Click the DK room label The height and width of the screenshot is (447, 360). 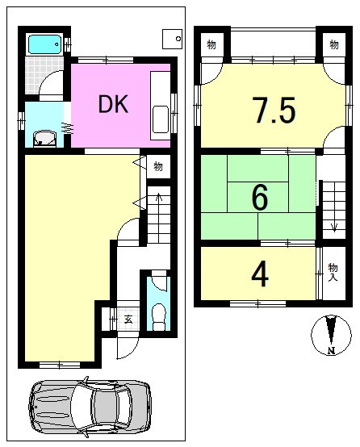coord(113,104)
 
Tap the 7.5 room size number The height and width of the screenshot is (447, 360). coord(274,110)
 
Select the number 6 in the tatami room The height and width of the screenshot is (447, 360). coord(260,197)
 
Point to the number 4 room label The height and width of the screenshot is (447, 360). coord(260,274)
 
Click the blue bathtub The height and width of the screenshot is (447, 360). coord(44,44)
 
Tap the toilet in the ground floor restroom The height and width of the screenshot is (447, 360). coord(159,317)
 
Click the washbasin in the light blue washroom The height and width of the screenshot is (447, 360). coord(44,139)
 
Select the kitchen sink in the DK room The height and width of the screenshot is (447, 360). coord(161,119)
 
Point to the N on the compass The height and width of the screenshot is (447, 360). coord(331,350)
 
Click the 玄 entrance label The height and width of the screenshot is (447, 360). coord(128,320)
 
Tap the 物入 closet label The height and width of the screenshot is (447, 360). coord(333,272)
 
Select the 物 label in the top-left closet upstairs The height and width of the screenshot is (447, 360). coord(211,44)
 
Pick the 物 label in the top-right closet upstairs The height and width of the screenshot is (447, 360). coord(334,44)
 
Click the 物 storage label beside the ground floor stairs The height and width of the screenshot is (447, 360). coord(158,166)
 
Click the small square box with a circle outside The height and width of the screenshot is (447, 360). coord(172,39)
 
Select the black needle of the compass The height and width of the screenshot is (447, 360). coord(331,330)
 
